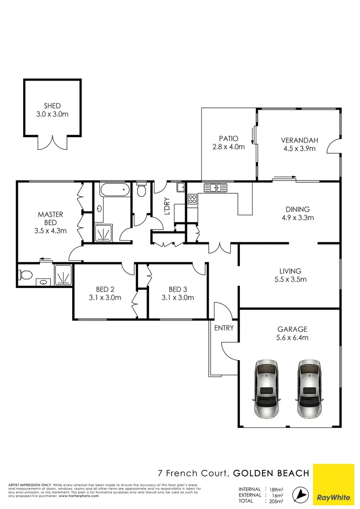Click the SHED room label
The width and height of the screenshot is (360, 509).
[52, 106]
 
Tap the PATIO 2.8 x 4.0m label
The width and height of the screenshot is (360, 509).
[229, 142]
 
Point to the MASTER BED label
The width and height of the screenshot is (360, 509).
[50, 218]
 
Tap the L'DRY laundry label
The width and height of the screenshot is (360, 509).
[166, 208]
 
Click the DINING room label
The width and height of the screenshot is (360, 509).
[297, 210]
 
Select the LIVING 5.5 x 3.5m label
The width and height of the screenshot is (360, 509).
[290, 275]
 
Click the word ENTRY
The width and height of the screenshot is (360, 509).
[224, 328]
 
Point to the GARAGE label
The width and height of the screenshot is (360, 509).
[295, 329]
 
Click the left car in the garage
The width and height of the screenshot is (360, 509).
[267, 388]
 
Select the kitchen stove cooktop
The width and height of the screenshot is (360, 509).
[192, 199]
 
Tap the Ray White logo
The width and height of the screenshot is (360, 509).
[333, 484]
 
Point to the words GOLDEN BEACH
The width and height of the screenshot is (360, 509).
[271, 473]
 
